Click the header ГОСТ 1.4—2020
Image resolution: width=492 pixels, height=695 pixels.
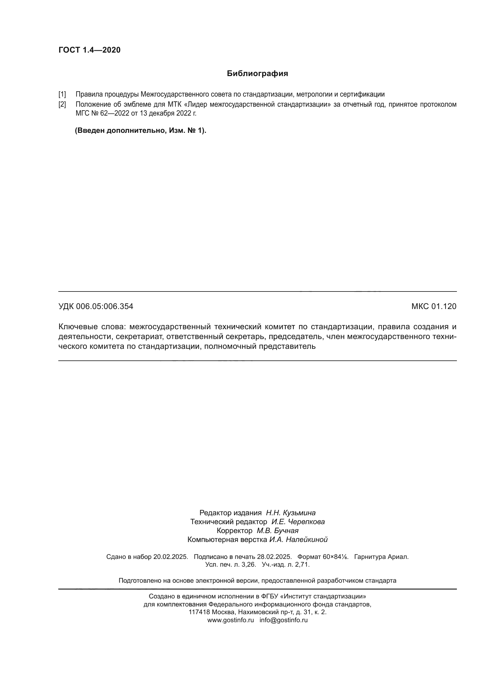pos(89,50)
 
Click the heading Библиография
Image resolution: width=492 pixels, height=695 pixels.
pos(257,74)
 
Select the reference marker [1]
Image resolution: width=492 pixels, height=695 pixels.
pos(62,94)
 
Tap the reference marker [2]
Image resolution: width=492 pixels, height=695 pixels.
pos(62,104)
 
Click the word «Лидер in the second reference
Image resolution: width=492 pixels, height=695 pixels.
pos(195,104)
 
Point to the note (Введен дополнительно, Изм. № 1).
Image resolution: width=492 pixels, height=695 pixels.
pos(141,130)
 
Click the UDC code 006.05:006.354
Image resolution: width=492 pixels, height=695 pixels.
pos(104,306)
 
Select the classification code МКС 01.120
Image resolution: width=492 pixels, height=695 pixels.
pos(433,306)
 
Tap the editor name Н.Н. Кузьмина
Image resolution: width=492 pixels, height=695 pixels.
pos(291,513)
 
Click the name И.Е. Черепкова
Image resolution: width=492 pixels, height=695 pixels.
pos(298,521)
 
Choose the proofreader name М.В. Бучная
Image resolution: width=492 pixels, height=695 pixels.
pos(278,531)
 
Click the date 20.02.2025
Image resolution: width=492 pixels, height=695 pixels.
pos(170,557)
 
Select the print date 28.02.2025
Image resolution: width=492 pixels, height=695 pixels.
pos(274,557)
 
